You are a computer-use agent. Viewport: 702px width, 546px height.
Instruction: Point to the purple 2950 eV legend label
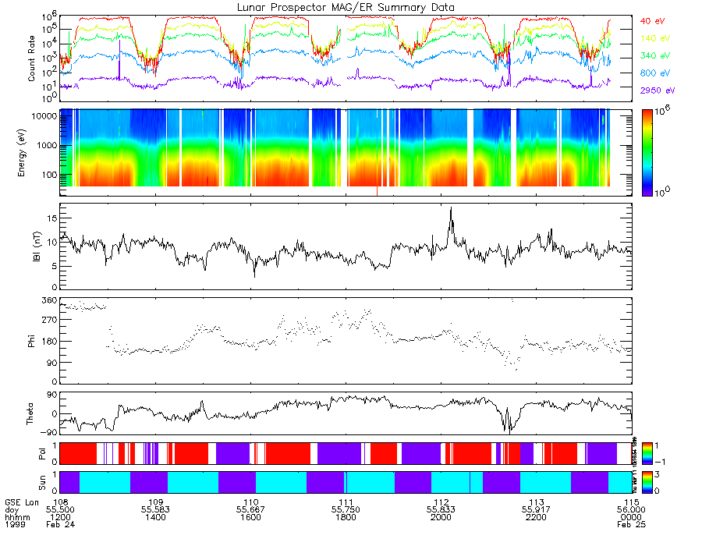coord(656,91)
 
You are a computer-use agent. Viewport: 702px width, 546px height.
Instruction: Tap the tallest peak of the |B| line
coord(450,208)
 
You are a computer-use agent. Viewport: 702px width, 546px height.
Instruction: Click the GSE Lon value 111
coord(346,502)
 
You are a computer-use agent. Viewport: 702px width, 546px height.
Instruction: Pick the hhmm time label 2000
coord(441,518)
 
